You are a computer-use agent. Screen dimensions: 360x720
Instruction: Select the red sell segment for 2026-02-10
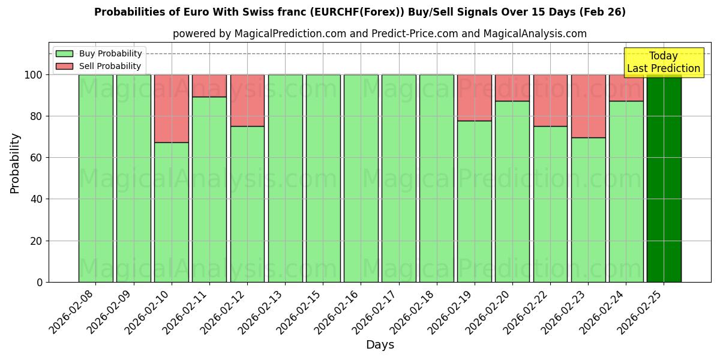(x=172, y=109)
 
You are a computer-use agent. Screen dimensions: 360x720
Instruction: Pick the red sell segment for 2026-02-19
(x=475, y=98)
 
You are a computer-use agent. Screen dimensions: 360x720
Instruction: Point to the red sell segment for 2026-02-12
(x=247, y=100)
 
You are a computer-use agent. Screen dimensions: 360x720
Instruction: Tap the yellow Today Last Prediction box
(x=664, y=62)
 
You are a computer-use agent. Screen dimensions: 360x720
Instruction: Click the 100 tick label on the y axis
(x=34, y=75)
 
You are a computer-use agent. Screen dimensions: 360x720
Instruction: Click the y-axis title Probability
(x=15, y=163)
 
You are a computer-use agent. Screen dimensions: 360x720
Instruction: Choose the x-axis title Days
(x=380, y=345)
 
